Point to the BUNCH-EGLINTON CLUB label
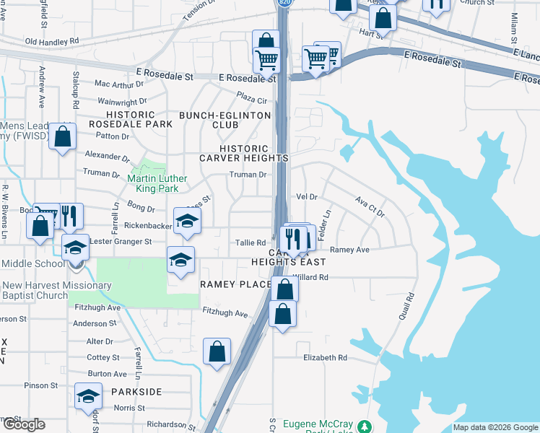225,120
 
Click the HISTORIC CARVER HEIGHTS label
244,153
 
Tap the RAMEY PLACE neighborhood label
235,284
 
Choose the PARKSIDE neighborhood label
136,391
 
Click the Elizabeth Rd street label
325,358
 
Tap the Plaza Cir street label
253,97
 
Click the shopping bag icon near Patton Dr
63,136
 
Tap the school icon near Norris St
88,396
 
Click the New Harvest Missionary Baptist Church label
56,291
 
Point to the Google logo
23,424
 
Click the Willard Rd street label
312,277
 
